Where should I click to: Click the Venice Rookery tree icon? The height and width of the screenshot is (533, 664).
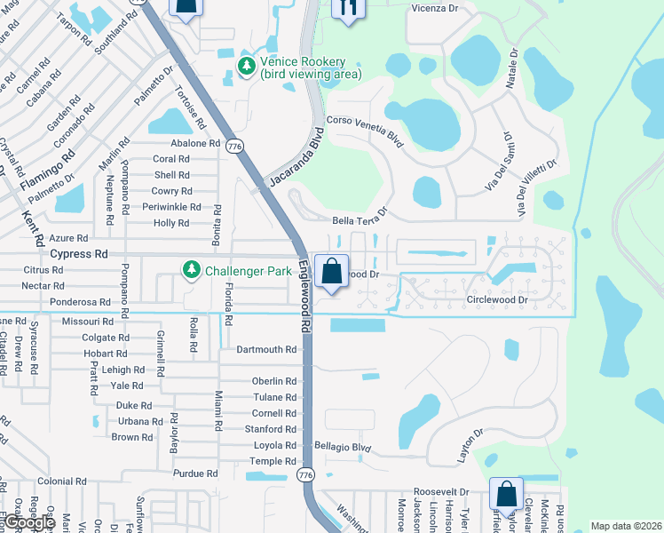tap(247, 66)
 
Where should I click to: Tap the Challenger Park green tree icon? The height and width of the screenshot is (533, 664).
tap(191, 269)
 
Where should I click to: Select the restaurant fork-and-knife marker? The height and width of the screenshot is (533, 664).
tap(348, 8)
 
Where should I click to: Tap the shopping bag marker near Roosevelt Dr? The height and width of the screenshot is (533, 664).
tap(506, 494)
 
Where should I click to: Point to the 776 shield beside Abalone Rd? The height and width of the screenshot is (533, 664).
tap(234, 147)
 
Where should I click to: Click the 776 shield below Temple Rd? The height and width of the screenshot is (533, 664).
tap(305, 476)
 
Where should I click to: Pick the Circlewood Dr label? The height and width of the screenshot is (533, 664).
tap(497, 300)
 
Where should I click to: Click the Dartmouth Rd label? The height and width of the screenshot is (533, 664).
tap(266, 350)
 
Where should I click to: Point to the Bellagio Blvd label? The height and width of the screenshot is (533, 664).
tap(342, 446)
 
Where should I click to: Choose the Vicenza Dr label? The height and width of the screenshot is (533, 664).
tap(434, 8)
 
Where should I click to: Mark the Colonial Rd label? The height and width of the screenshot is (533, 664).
tap(61, 481)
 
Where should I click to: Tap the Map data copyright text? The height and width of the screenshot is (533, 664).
tap(625, 526)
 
